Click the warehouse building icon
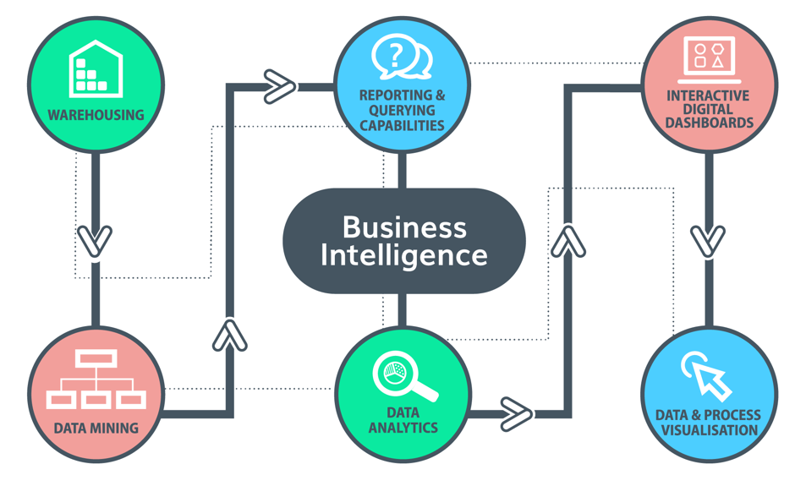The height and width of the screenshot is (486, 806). (x=96, y=68)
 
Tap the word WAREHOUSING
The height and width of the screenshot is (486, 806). (x=96, y=114)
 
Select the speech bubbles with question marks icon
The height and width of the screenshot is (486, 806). (x=402, y=57)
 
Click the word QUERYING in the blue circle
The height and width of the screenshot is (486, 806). (x=402, y=110)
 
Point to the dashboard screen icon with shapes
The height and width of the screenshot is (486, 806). (x=709, y=56)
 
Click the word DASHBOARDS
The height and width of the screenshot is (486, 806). (x=709, y=123)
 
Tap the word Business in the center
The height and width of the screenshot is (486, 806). (x=403, y=227)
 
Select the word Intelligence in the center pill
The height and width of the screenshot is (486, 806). (x=403, y=254)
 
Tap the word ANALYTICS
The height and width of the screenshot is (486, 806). (x=403, y=427)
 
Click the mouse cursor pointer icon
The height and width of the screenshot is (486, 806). (x=707, y=375)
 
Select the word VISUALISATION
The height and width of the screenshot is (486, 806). (x=709, y=429)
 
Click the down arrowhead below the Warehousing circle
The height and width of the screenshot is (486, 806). (x=95, y=241)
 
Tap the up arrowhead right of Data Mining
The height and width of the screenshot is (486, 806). (x=229, y=335)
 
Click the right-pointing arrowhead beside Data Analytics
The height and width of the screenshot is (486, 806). (x=516, y=414)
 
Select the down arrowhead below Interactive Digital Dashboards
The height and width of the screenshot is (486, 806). (x=708, y=241)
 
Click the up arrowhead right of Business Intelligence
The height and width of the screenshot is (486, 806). (x=568, y=241)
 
